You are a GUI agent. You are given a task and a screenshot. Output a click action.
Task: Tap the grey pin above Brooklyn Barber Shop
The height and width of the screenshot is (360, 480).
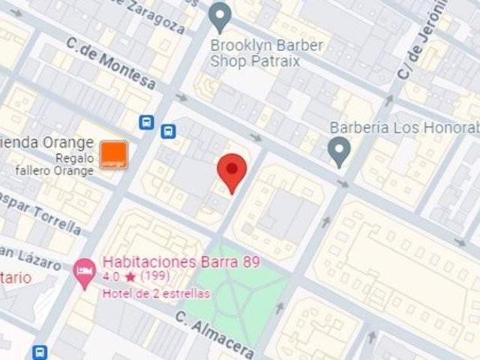220,14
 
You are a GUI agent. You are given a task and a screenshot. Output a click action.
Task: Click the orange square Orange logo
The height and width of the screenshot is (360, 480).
114,153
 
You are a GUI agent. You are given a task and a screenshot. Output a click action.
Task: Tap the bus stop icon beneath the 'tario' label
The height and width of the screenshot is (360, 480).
40,352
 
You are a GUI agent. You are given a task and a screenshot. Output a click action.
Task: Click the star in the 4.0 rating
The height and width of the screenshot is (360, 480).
130,277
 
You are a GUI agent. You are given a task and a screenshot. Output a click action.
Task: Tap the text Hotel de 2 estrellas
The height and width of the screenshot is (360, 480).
156,293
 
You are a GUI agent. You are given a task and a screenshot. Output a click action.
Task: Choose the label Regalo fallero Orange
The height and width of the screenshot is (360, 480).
56,164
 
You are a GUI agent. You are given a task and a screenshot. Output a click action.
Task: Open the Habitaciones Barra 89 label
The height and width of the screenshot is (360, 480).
181,262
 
